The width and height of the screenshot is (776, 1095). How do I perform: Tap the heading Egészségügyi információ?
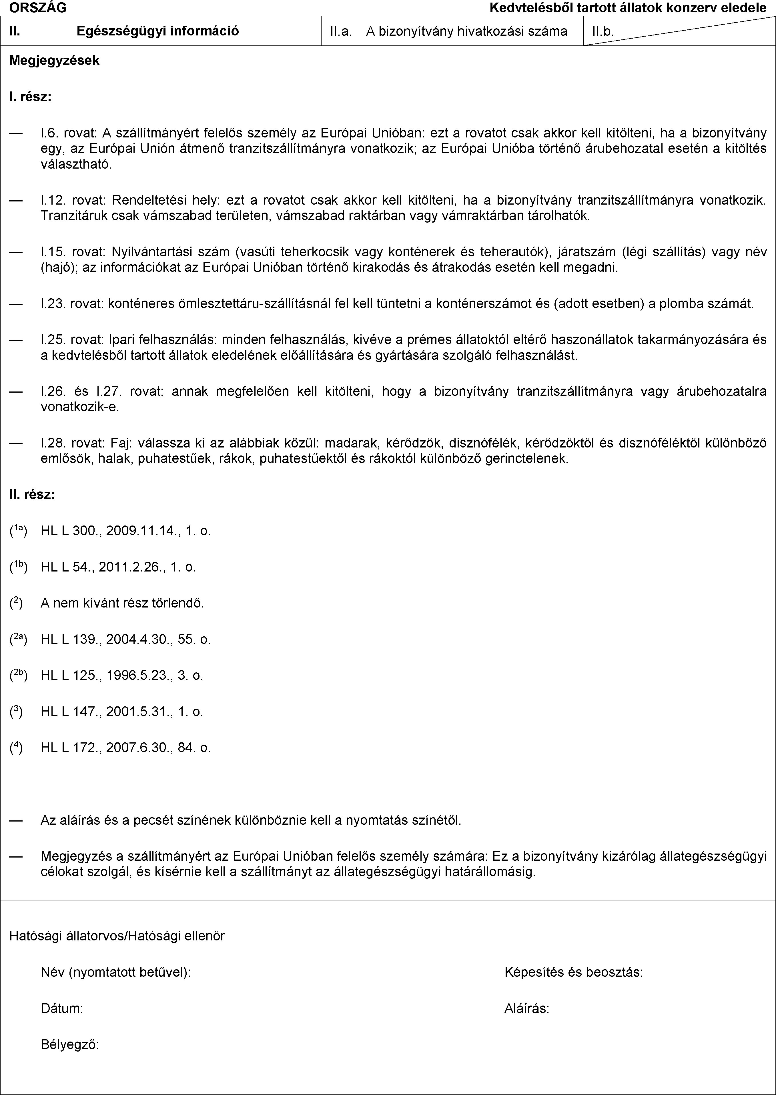[x=158, y=31]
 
